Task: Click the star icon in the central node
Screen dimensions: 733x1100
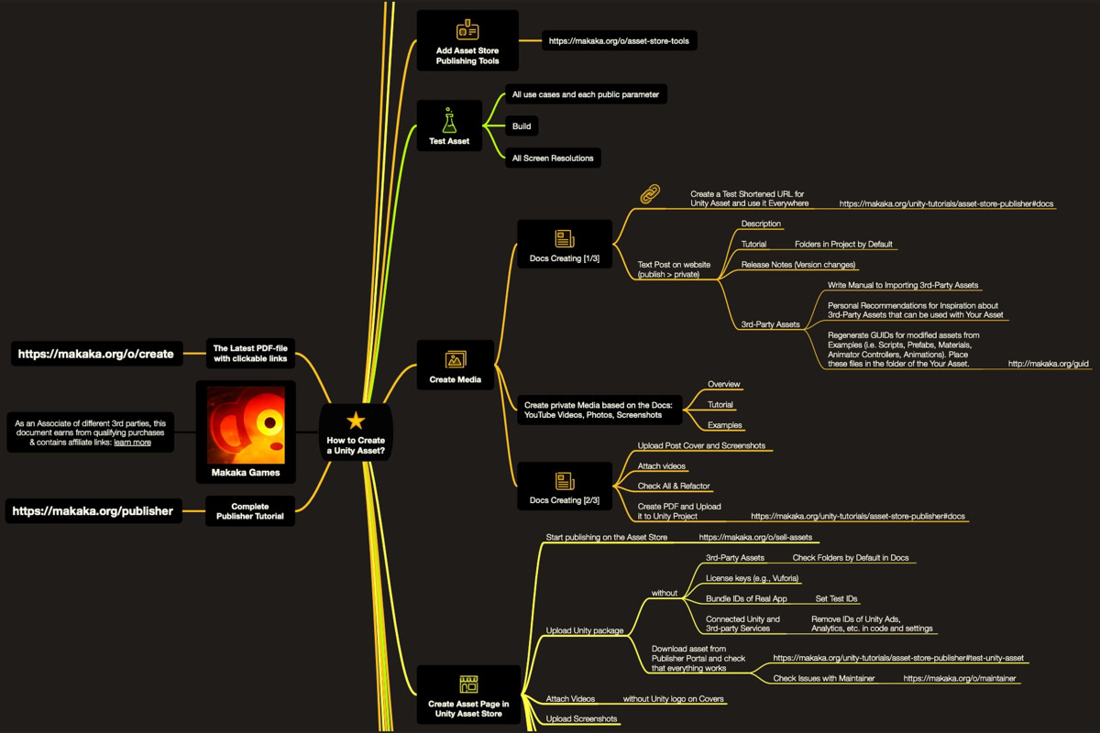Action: coord(356,421)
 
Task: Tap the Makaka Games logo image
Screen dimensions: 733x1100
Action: coord(245,424)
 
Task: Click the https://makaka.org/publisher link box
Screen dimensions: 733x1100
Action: coord(93,510)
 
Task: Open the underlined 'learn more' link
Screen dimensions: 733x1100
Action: coord(132,442)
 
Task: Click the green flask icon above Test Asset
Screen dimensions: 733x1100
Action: coord(449,119)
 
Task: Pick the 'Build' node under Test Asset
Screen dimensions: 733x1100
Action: coord(522,126)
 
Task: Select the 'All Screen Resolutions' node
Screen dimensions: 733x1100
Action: coord(553,159)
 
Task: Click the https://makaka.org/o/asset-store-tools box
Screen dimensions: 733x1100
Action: coord(620,40)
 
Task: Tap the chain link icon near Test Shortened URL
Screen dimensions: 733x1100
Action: coord(650,194)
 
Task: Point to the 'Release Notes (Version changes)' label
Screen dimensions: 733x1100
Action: coord(798,265)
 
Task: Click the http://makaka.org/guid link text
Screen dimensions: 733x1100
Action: coord(1048,364)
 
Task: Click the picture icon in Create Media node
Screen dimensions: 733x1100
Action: coord(456,359)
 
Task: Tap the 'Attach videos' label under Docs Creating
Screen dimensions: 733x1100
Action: coord(662,466)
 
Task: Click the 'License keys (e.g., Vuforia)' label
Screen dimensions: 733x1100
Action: coord(752,578)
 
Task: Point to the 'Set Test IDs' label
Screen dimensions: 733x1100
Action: coord(836,598)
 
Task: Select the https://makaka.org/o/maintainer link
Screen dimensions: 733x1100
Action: coord(960,678)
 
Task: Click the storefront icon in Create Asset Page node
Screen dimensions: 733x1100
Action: coord(468,684)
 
